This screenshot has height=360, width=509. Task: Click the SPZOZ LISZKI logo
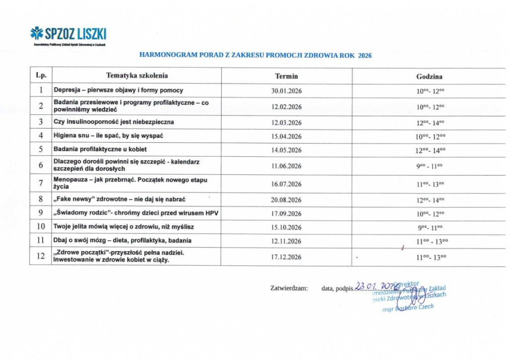68,34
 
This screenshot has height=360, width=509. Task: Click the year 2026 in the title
364,56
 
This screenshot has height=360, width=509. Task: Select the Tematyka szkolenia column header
137,76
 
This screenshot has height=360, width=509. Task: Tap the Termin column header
286,76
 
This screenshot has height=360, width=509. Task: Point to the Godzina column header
429,77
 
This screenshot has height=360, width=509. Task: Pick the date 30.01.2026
286,90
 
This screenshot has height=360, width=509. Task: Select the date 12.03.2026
286,122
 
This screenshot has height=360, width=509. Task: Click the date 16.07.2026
286,184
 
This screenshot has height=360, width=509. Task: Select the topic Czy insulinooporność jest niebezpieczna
114,122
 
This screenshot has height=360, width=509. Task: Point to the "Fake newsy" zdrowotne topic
119,199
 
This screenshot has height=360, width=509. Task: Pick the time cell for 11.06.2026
429,166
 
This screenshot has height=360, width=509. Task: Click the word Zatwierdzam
289,288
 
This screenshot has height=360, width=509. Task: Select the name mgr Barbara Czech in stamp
408,308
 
